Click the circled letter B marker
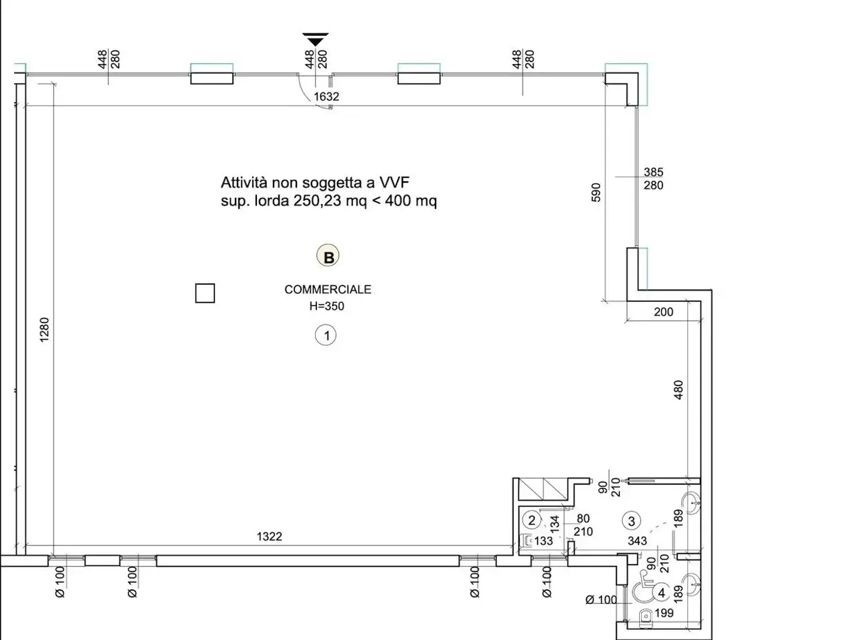328,256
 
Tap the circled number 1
326,335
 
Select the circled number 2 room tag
532,520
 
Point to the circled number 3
631,521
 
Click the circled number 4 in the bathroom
661,593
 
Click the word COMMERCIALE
328,289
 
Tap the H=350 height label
327,306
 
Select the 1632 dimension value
326,97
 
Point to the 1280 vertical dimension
44,330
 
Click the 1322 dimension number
270,537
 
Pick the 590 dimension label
596,193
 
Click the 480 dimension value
678,390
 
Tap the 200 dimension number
663,312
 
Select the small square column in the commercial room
205,293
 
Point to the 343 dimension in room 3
637,541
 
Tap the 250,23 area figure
318,201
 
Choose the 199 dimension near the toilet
664,613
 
